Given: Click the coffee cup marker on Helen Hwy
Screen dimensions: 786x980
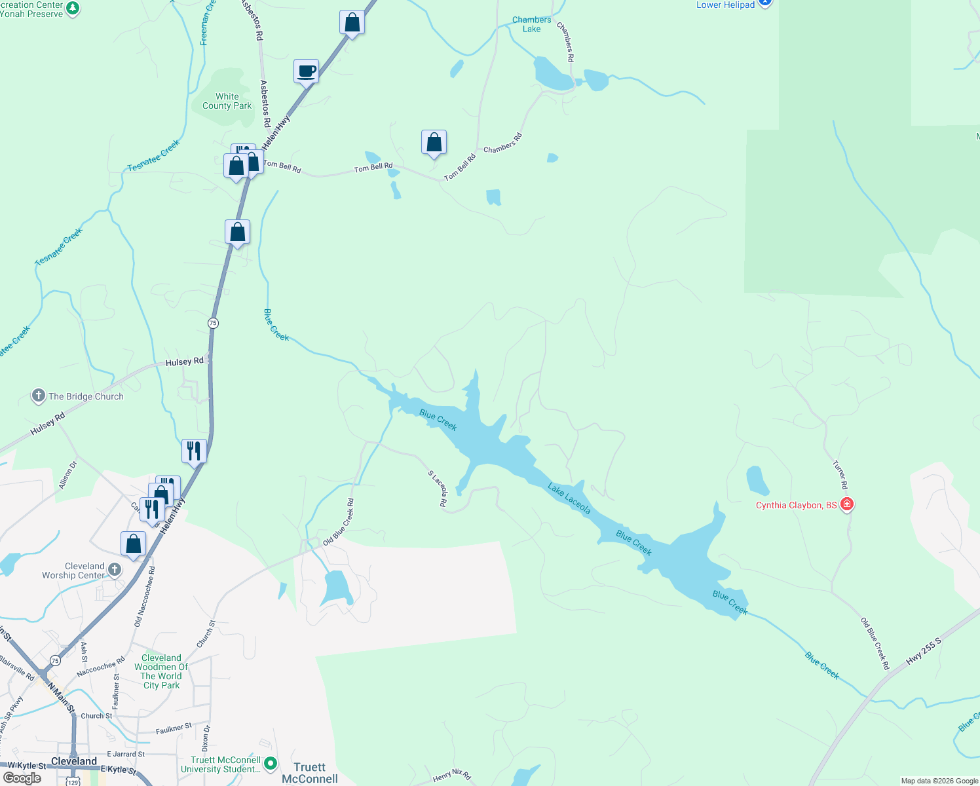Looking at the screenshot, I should [306, 71].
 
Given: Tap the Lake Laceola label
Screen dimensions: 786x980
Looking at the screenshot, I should [569, 499].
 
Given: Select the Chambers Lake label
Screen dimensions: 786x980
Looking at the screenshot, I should [531, 24].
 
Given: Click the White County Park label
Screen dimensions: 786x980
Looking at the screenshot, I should [227, 101].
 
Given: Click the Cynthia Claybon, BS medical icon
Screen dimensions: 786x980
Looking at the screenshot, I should [847, 504].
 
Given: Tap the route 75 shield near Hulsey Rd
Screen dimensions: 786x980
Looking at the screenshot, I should [213, 323].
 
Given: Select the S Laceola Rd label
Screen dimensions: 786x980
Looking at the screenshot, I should [438, 489].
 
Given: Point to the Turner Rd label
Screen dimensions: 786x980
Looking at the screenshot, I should [840, 475].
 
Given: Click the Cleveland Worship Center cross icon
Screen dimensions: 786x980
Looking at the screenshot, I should [115, 569].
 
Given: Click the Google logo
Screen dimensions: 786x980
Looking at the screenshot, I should [22, 778].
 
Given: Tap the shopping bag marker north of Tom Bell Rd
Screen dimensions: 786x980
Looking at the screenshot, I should [434, 142].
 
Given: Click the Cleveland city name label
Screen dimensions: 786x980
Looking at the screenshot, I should [74, 761].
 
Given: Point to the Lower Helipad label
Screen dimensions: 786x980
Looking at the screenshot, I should [725, 5].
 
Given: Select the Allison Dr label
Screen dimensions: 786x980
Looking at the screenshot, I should [67, 475].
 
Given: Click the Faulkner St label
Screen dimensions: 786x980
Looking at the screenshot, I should [174, 728].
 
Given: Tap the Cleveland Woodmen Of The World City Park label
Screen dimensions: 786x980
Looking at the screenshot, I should [161, 671].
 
